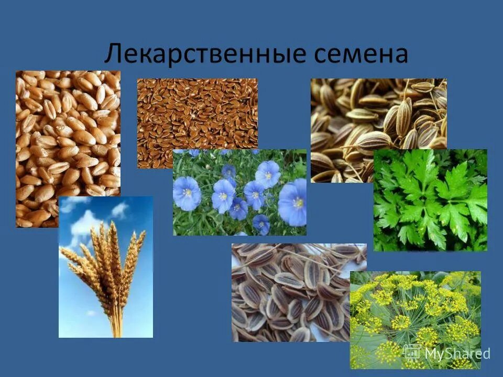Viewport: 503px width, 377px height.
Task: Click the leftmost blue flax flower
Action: coord(187,193)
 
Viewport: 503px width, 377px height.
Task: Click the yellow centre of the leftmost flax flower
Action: coord(187,192)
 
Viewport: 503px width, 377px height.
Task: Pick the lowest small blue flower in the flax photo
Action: coord(261,225)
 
